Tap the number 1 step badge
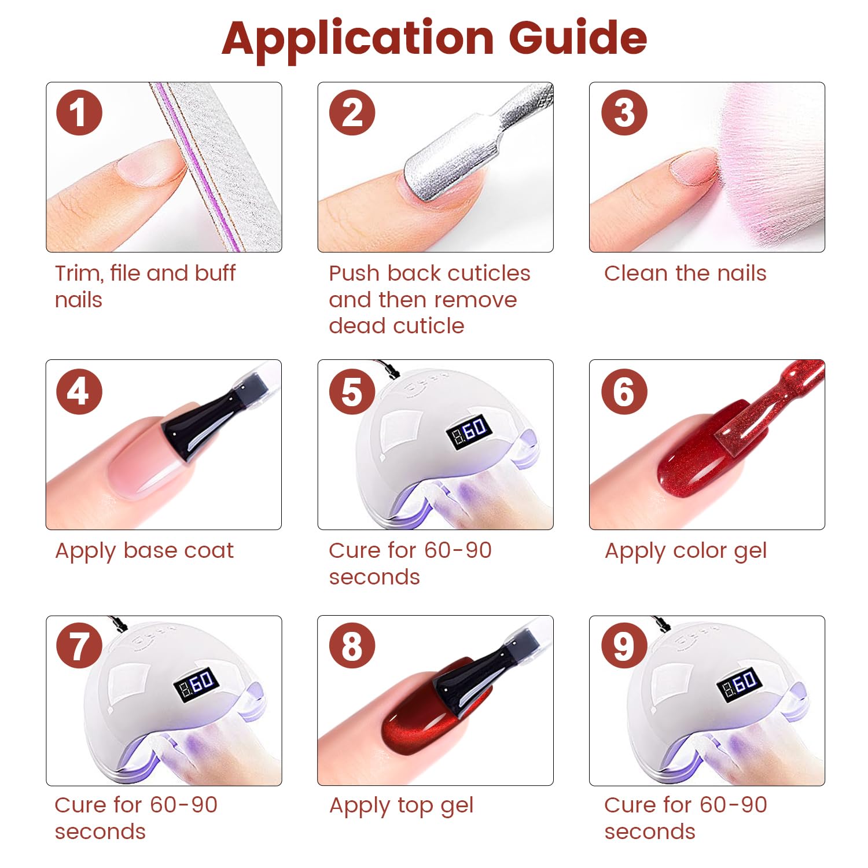pyautogui.click(x=79, y=112)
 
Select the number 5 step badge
pyautogui.click(x=352, y=392)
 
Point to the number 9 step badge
pyautogui.click(x=624, y=646)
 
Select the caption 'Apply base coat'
pyautogui.click(x=144, y=550)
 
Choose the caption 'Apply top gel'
pyautogui.click(x=401, y=805)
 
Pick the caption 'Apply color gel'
pyautogui.click(x=685, y=550)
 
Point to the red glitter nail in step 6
pyautogui.click(x=694, y=463)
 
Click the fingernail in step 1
pyautogui.click(x=148, y=165)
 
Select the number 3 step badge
pyautogui.click(x=624, y=112)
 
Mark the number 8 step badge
pyautogui.click(x=352, y=646)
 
